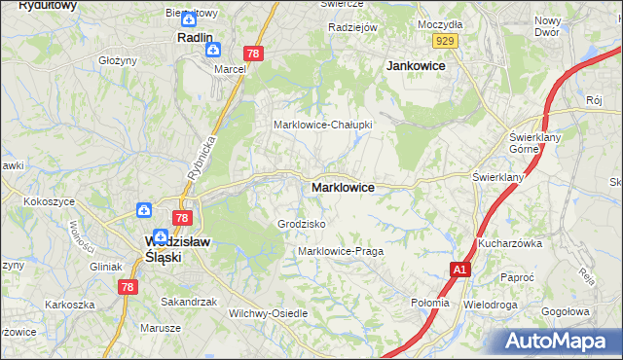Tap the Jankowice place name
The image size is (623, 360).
(x=416, y=65)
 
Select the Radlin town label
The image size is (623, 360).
(x=195, y=37)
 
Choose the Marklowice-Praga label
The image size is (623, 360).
(x=340, y=251)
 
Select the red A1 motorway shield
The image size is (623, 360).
(x=460, y=270)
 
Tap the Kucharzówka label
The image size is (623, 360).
(x=509, y=243)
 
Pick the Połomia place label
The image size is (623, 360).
(x=430, y=303)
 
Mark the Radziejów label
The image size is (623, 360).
(x=352, y=28)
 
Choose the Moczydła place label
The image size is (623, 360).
(x=440, y=22)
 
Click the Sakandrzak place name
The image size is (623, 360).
(x=189, y=302)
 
